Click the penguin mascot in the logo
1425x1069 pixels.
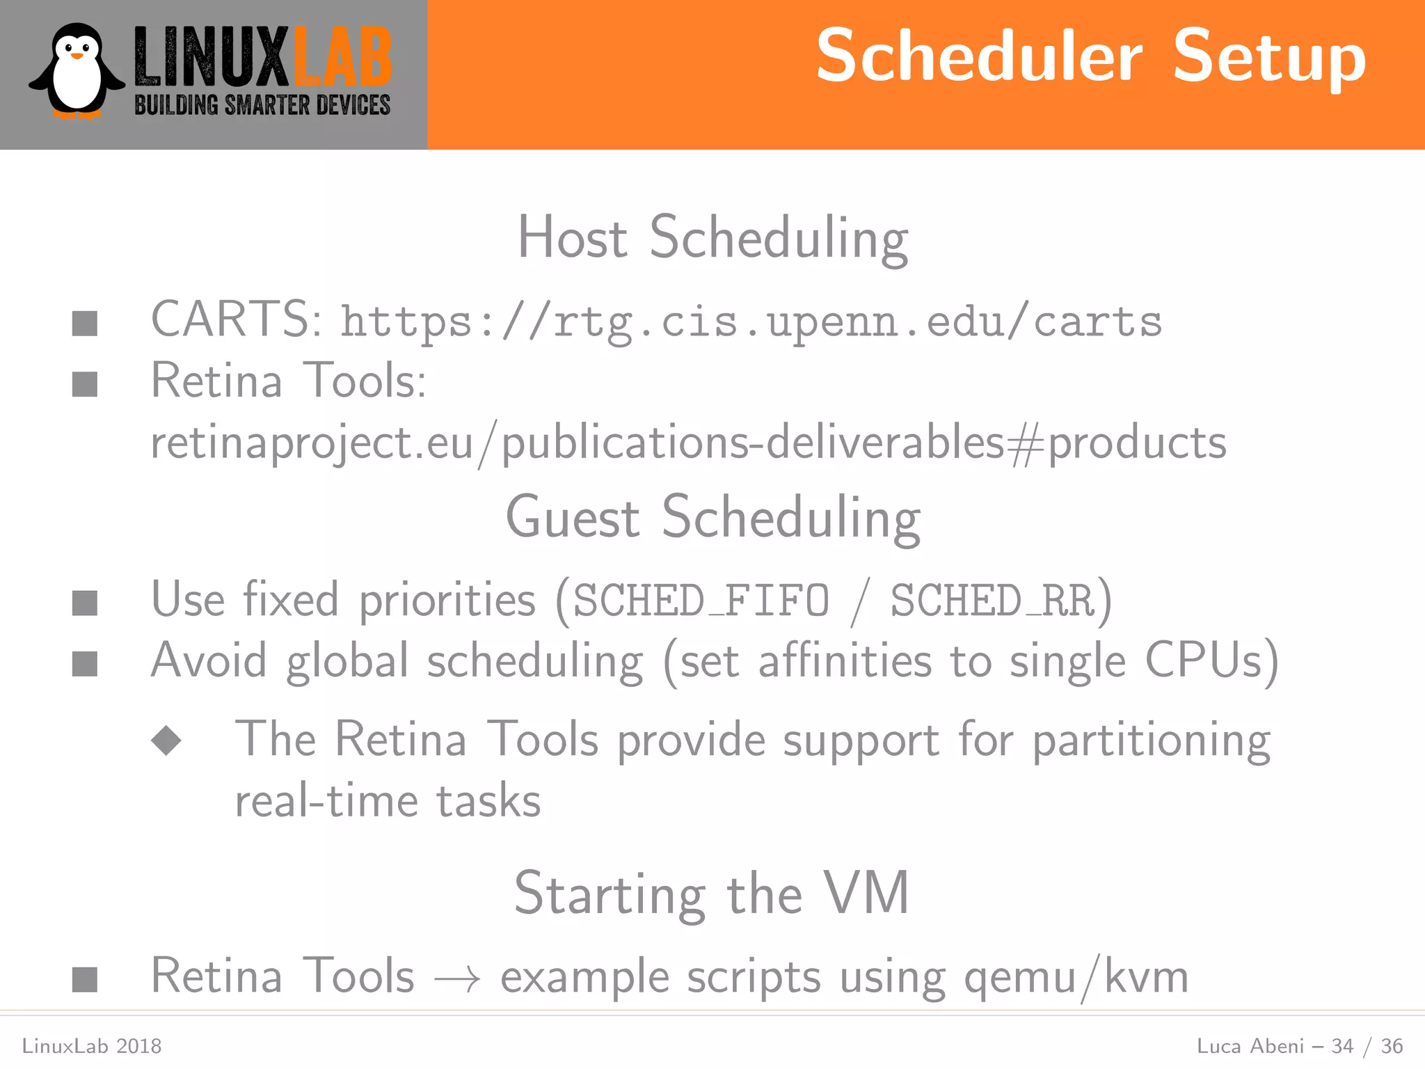[77, 72]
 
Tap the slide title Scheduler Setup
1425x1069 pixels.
[1090, 57]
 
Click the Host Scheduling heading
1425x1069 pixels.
[712, 238]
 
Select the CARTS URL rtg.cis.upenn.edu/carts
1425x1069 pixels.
[751, 322]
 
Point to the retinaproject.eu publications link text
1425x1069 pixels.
[688, 443]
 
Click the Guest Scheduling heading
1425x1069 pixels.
[712, 517]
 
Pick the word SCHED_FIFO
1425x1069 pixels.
[701, 601]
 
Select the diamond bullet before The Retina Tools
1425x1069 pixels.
[166, 740]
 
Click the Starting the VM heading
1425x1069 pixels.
[711, 894]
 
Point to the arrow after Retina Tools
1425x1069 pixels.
[457, 979]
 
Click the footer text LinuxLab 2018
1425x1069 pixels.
[92, 1046]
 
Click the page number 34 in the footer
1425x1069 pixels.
[1342, 1046]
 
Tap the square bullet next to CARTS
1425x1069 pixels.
[85, 323]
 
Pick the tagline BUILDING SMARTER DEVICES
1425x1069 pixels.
[262, 106]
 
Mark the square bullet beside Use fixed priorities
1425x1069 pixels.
[85, 603]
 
